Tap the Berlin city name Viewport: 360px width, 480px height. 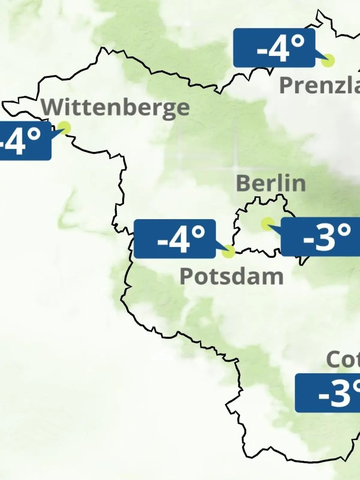[x=271, y=183]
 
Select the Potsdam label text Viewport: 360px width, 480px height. [x=231, y=277]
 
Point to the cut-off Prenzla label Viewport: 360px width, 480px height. [x=319, y=85]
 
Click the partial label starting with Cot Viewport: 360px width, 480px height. [x=343, y=359]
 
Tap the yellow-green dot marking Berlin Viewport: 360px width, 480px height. [x=268, y=224]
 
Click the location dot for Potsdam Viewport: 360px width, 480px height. [x=229, y=251]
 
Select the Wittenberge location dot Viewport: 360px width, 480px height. [x=64, y=127]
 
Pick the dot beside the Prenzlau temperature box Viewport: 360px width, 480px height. [x=328, y=61]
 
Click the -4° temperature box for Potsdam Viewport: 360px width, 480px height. [x=175, y=239]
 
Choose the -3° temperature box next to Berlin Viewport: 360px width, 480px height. [x=320, y=237]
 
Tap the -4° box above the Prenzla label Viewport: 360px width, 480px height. [x=274, y=48]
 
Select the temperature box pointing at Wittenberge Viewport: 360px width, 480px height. [x=24, y=140]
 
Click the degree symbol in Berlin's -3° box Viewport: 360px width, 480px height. [x=344, y=230]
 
